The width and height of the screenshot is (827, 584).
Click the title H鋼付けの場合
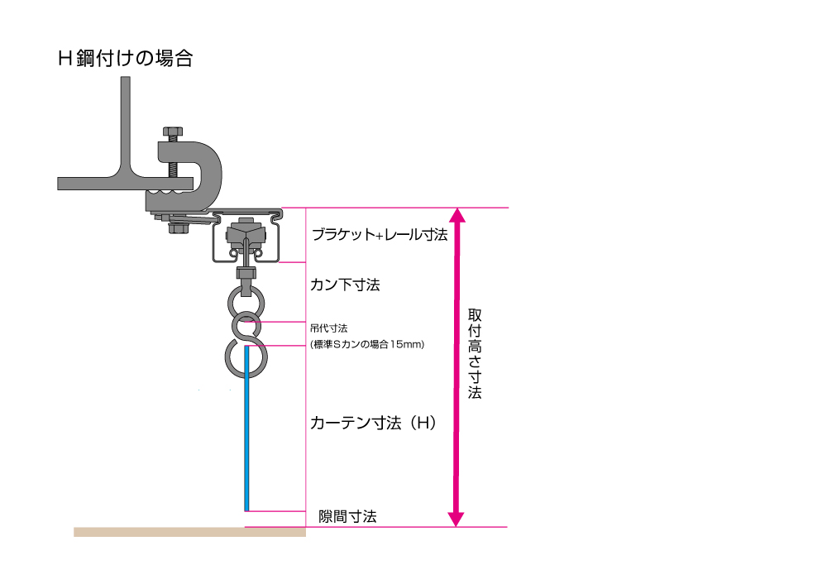pos(126,58)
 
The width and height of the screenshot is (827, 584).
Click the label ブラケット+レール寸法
pos(380,234)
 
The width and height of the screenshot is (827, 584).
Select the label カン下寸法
pos(345,285)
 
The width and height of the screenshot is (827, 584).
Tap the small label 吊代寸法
pos(328,328)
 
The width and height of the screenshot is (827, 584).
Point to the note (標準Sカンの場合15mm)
pos(367,344)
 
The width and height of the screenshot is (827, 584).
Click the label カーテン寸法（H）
pos(374,423)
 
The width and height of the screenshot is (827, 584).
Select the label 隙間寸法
pos(347,516)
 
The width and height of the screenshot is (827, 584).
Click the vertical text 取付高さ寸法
pos(475,353)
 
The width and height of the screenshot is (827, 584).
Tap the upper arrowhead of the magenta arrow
pos(457,215)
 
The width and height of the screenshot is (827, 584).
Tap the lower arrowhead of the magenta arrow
pos(456,519)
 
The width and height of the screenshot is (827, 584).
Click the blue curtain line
pos(246,428)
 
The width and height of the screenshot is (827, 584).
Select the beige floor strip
pos(190,532)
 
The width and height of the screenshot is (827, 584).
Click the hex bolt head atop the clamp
pos(173,132)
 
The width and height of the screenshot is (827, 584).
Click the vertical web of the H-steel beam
pos(126,125)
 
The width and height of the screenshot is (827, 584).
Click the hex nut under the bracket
pos(179,228)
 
